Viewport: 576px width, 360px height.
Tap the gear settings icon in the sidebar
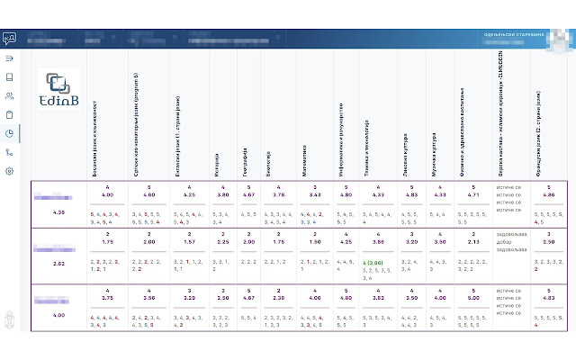(10, 170)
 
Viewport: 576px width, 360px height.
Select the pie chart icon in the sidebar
(10, 133)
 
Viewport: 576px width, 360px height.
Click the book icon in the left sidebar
(10, 77)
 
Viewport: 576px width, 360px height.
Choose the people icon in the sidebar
(10, 95)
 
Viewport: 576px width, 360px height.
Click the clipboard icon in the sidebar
(10, 114)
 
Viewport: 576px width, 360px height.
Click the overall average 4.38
(59, 212)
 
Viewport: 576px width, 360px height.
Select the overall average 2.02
(59, 264)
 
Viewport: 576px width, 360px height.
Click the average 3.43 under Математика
(315, 194)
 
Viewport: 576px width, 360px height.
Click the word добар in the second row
(504, 242)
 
